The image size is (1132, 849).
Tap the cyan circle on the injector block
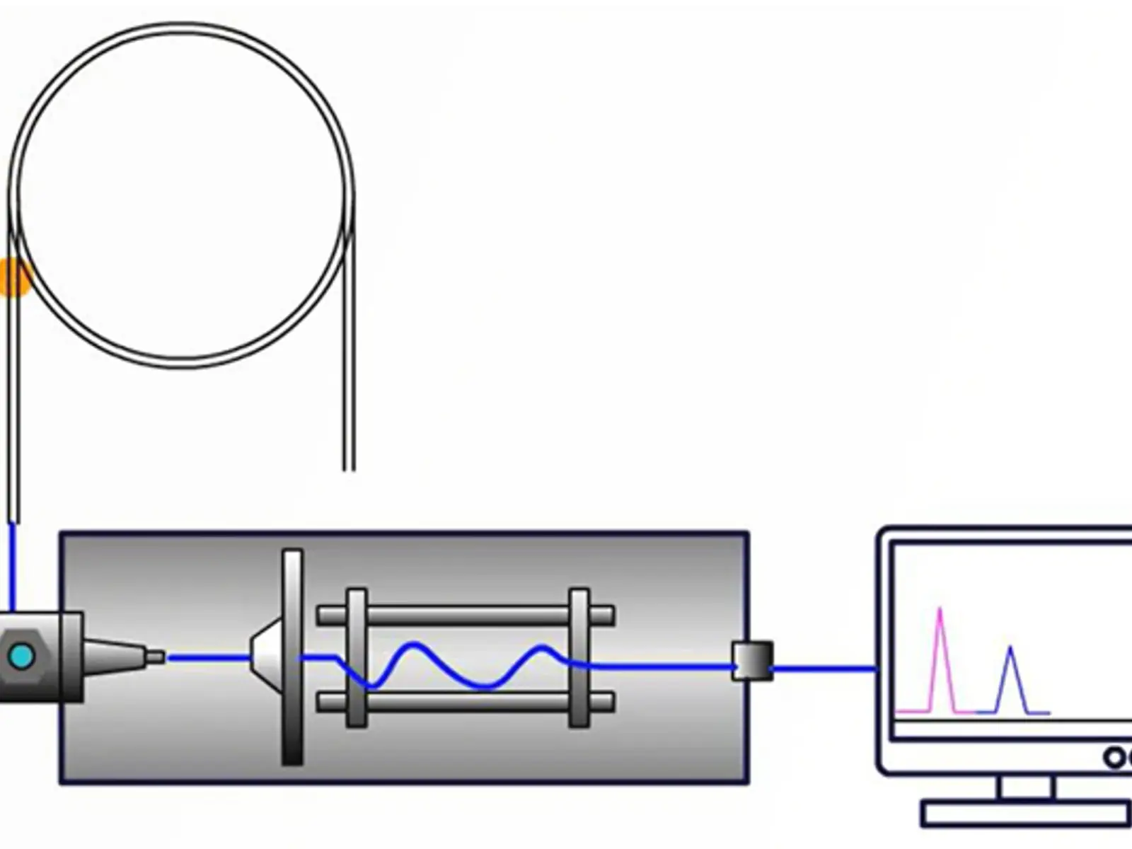(x=20, y=657)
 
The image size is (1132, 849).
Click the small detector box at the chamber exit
(x=752, y=661)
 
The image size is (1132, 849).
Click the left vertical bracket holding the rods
(x=357, y=658)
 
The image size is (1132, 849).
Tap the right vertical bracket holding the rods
(x=579, y=658)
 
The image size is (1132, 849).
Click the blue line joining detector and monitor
(x=824, y=668)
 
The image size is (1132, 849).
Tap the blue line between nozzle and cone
(x=209, y=658)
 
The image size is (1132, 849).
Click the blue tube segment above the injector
(x=11, y=566)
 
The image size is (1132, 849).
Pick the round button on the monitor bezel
(x=1114, y=758)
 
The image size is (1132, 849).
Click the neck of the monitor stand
(x=1027, y=787)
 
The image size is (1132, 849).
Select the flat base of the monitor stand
(x=1026, y=814)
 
